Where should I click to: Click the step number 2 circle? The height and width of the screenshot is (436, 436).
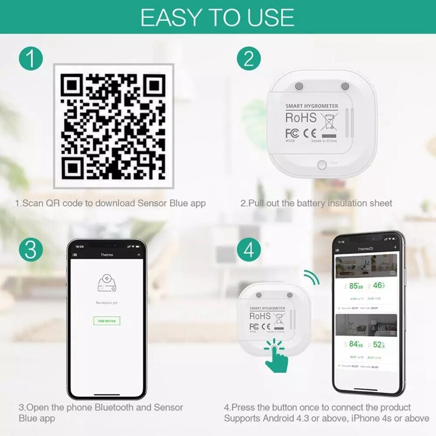(249, 58)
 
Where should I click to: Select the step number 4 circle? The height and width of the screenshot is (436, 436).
(249, 251)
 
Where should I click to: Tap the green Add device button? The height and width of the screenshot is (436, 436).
(107, 321)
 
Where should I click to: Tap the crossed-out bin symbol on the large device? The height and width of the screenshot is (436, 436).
(328, 120)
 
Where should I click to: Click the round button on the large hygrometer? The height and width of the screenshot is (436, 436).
(322, 163)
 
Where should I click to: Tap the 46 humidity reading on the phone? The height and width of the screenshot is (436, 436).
(379, 286)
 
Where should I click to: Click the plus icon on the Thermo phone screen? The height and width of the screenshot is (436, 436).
(138, 255)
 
